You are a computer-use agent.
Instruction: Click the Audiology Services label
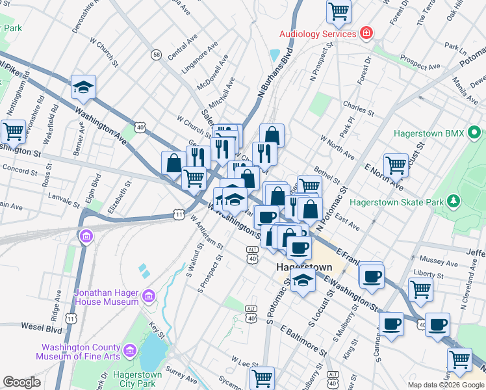(317, 34)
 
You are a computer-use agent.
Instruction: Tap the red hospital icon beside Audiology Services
(367, 33)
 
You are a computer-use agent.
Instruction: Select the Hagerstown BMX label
(429, 134)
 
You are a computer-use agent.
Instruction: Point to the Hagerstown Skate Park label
(397, 202)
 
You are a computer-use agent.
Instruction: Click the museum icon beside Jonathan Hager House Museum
(149, 297)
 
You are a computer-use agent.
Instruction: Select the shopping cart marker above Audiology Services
(339, 10)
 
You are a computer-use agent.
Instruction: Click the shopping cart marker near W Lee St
(262, 377)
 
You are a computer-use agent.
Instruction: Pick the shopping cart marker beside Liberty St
(420, 289)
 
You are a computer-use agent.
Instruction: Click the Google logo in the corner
(21, 382)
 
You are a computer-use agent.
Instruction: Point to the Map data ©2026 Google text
(446, 385)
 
